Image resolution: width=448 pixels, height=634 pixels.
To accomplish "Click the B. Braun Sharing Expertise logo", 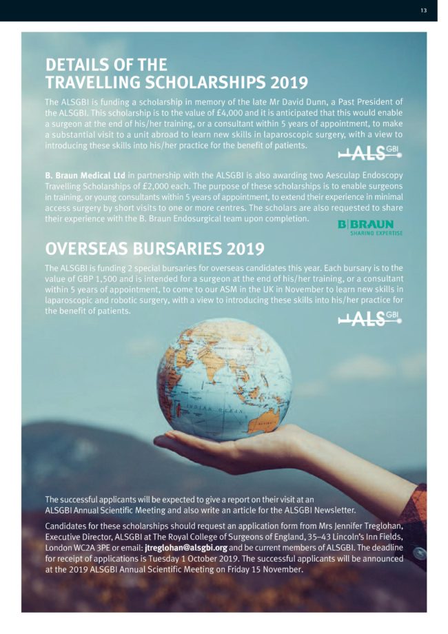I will click(370, 227).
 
